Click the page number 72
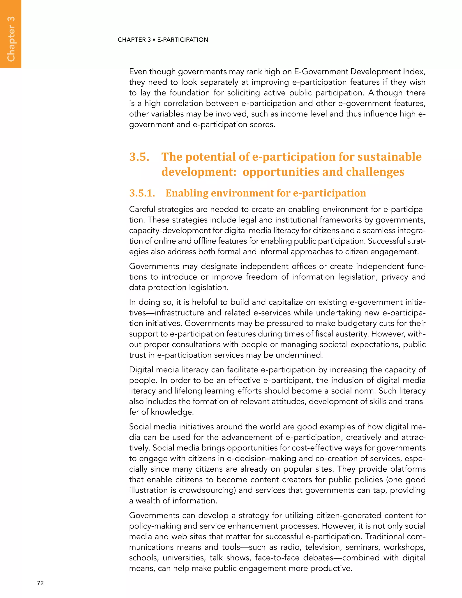pyautogui.click(x=40, y=583)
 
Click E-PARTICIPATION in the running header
pyautogui.click(x=182, y=40)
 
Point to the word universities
pyautogui.click(x=184, y=558)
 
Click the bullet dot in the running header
pyautogui.click(x=154, y=40)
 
